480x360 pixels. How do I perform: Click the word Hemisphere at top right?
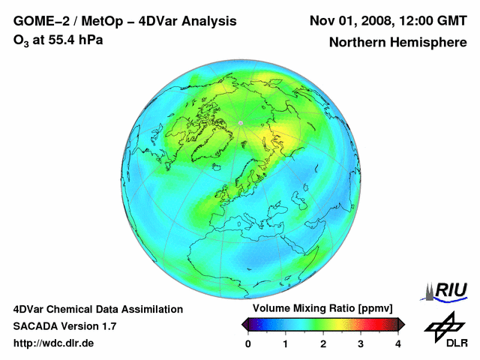[432, 43]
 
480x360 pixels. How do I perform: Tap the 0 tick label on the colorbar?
[248, 343]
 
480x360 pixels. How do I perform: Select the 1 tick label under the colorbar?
[286, 343]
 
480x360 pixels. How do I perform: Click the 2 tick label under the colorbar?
[323, 343]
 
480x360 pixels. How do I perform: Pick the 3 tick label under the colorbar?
[361, 343]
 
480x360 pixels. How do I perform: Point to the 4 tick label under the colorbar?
[398, 343]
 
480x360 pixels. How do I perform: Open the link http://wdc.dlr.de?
[54, 343]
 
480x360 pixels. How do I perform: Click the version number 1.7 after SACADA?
[108, 326]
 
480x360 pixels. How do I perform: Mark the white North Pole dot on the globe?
[240, 122]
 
